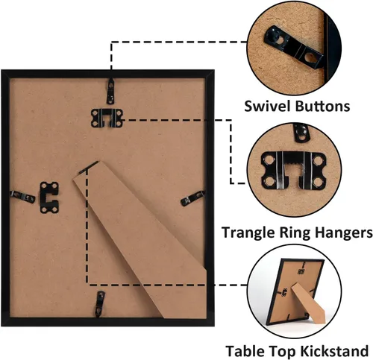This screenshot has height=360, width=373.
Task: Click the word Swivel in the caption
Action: [x=268, y=106]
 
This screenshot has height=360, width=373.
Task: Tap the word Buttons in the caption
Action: [x=323, y=106]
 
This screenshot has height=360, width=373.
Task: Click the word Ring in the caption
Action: [x=295, y=233]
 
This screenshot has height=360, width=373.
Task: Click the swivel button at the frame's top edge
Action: [x=110, y=91]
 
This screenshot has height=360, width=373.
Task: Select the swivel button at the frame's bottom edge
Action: [x=100, y=304]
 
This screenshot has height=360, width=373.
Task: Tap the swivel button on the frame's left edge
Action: [x=22, y=197]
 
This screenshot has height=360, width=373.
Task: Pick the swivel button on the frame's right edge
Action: [x=193, y=198]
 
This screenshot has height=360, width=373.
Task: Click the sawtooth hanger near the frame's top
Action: [x=107, y=119]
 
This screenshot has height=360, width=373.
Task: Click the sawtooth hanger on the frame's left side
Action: [x=49, y=198]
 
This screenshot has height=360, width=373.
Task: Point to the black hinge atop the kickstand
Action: [x=89, y=168]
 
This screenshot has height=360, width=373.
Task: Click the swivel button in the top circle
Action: [x=294, y=47]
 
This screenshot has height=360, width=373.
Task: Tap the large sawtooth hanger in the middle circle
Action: [x=293, y=171]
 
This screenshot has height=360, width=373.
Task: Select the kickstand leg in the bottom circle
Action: [x=308, y=304]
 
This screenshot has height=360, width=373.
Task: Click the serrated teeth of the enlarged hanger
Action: [x=293, y=165]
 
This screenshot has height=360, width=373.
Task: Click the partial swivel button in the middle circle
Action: [x=301, y=133]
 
